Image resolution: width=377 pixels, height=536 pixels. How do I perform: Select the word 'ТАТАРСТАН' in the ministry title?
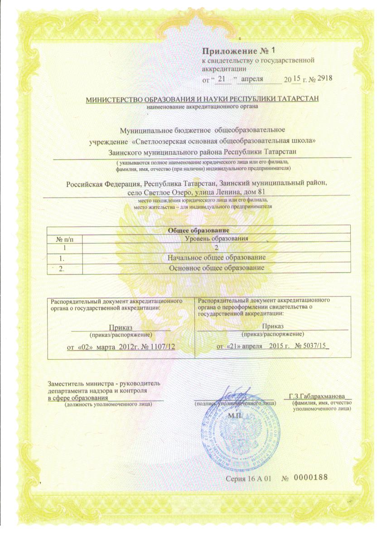[296, 99]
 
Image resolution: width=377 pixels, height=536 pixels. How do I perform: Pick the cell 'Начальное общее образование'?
[217, 257]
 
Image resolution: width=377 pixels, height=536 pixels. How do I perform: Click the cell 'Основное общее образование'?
[217, 268]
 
